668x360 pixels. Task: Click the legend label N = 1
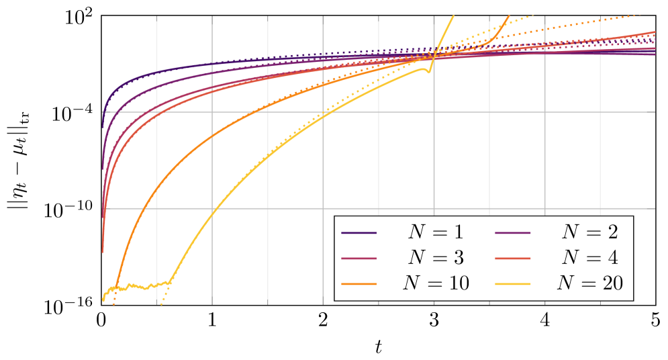tap(435, 232)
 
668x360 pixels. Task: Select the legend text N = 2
tap(589, 232)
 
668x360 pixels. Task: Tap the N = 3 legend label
tap(435, 258)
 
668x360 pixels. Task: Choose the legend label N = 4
tap(589, 258)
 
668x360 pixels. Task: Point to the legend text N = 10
tap(435, 283)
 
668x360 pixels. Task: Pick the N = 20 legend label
tap(589, 283)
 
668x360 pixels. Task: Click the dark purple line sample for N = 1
tap(359, 233)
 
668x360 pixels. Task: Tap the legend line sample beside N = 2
tap(513, 233)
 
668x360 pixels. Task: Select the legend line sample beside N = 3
tap(359, 259)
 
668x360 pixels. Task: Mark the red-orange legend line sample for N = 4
tap(513, 259)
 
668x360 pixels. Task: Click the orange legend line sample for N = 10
tap(359, 284)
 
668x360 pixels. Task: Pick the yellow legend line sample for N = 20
tap(513, 284)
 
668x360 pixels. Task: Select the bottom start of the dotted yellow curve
tap(161, 304)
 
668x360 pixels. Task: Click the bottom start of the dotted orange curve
tap(113, 304)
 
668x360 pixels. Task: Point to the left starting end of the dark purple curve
tap(102, 126)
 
